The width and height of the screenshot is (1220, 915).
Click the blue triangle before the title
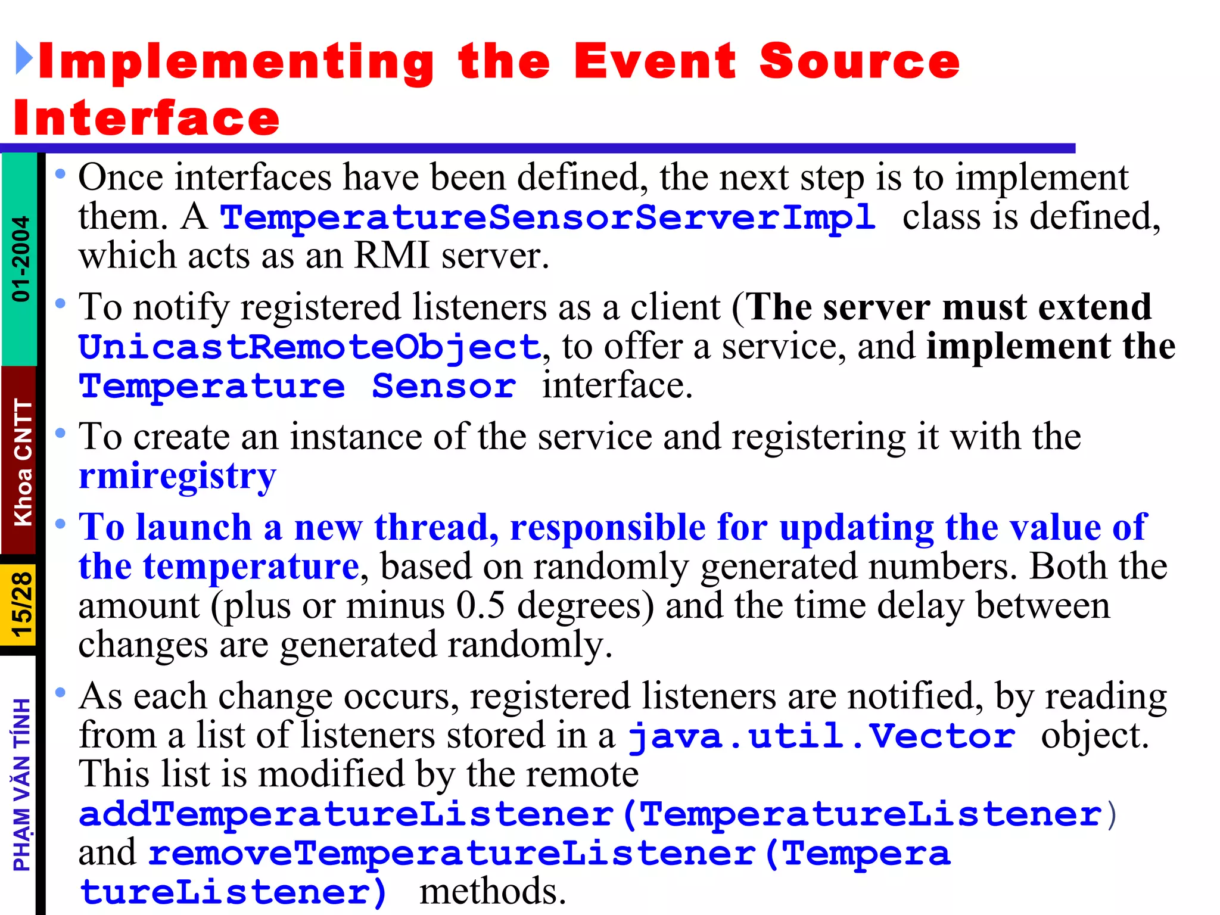[24, 58]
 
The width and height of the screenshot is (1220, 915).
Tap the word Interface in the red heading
[147, 118]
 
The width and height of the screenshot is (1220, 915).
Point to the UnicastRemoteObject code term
[310, 347]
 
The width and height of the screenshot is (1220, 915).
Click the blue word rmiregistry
[178, 477]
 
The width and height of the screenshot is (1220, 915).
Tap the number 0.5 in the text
[481, 606]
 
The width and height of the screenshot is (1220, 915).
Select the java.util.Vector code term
[822, 736]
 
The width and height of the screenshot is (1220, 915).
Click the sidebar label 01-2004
[21, 259]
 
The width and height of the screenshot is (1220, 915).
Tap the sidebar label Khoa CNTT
[23, 462]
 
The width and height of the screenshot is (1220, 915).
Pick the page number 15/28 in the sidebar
[21, 605]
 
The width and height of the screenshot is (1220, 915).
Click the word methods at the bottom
[492, 892]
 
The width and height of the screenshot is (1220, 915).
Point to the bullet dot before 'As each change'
[60, 692]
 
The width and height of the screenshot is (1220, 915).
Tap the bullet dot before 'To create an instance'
[60, 433]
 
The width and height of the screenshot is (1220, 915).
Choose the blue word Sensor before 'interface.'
[444, 387]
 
